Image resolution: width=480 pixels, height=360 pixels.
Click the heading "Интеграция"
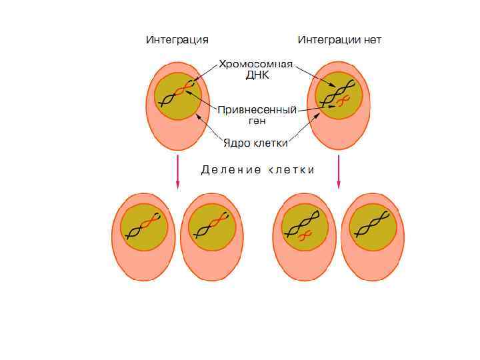point(177,40)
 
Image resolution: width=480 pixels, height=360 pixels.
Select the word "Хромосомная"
point(255,64)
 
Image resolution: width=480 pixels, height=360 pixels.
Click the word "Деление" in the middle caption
point(231,170)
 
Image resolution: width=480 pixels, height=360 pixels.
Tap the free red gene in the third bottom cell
point(305,236)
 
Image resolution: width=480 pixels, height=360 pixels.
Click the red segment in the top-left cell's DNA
point(181,89)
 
